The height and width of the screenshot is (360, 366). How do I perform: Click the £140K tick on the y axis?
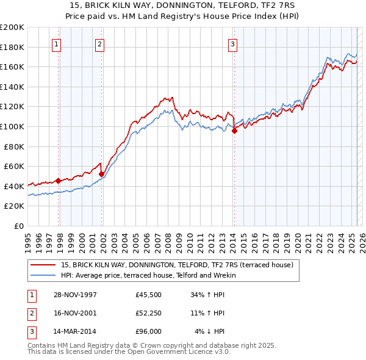pos(12,87)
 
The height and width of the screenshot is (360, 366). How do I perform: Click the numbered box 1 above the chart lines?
pos(56,43)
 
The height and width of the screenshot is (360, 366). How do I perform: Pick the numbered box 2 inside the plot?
pos(99,43)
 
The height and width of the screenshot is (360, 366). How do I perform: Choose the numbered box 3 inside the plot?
pos(233,43)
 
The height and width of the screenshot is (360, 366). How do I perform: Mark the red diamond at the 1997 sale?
pos(59,181)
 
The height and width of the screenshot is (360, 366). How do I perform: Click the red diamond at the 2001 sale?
pos(101,174)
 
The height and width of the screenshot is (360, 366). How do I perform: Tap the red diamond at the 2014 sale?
pos(234,131)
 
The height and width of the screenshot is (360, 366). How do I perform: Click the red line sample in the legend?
pos(43,265)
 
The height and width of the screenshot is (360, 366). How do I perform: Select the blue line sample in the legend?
pos(43,275)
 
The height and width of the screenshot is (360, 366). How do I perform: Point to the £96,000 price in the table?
pos(149,331)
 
